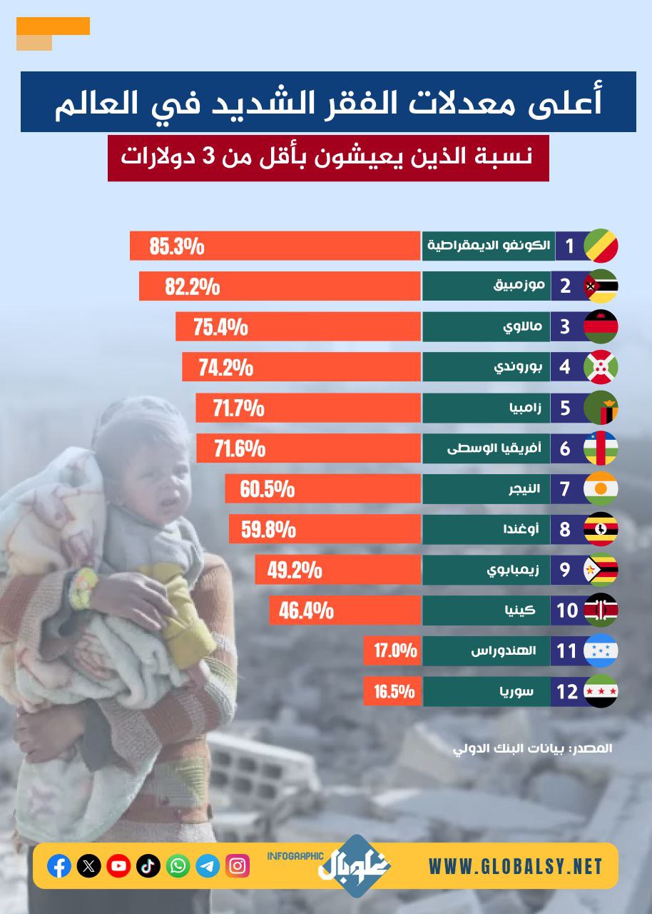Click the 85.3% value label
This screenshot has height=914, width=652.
point(177,246)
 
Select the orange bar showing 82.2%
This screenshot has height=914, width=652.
point(280,286)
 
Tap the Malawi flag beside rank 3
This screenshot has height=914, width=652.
point(601,327)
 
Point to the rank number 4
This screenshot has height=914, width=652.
point(566,367)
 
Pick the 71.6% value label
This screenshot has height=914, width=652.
point(240,448)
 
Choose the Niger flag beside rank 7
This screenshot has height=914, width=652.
point(601,489)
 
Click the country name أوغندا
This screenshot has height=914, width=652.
point(526,530)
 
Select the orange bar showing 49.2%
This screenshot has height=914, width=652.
point(337,571)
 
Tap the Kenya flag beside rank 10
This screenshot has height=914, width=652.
point(601,611)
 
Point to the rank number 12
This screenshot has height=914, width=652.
point(567,692)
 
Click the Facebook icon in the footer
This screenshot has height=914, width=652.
point(59,866)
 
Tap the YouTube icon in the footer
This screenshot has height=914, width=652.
point(118,866)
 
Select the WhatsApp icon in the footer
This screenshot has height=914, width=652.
point(178,866)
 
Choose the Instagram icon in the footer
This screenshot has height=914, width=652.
point(238,866)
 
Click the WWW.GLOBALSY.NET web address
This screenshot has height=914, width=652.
point(516,867)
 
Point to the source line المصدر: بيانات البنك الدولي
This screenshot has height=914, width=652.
point(533,749)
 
